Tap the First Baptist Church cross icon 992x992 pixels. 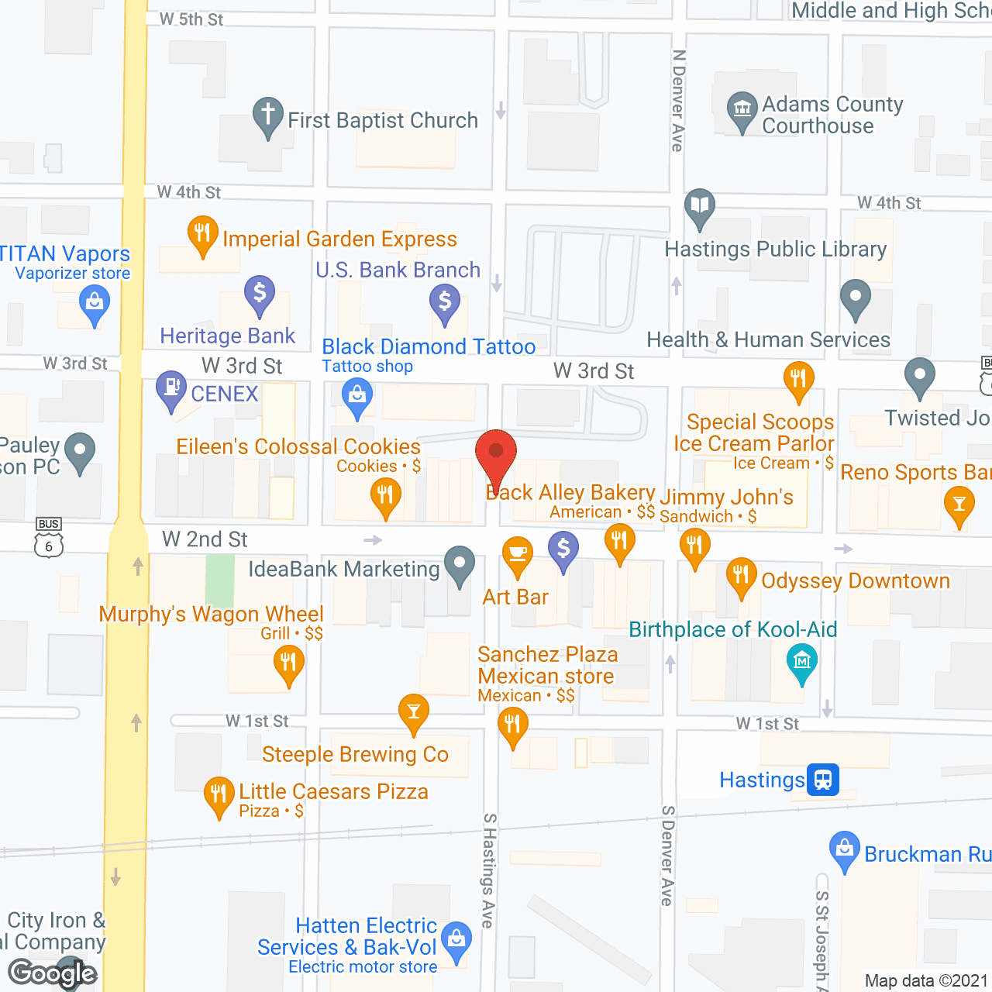pos(267,115)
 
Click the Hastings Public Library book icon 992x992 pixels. pos(700,206)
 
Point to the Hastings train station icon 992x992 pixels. pos(823,779)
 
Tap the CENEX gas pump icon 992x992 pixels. pos(170,388)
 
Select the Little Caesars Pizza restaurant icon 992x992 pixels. pos(219,794)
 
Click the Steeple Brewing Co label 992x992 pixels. pos(355,754)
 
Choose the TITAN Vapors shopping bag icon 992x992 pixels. pos(95,301)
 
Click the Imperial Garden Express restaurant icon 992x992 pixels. pos(202,233)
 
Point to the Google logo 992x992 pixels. pos(53,973)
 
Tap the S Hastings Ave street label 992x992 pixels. pos(488,870)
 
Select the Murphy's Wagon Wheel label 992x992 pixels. pos(212,614)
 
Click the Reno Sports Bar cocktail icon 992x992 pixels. pos(959,505)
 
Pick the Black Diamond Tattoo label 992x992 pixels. pos(429,346)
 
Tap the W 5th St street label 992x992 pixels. pos(191,19)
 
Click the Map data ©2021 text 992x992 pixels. pos(926,980)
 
